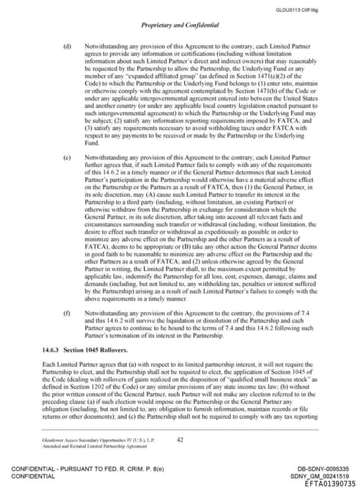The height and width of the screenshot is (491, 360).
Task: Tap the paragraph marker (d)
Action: (67, 44)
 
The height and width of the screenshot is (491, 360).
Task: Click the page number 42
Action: (180, 440)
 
